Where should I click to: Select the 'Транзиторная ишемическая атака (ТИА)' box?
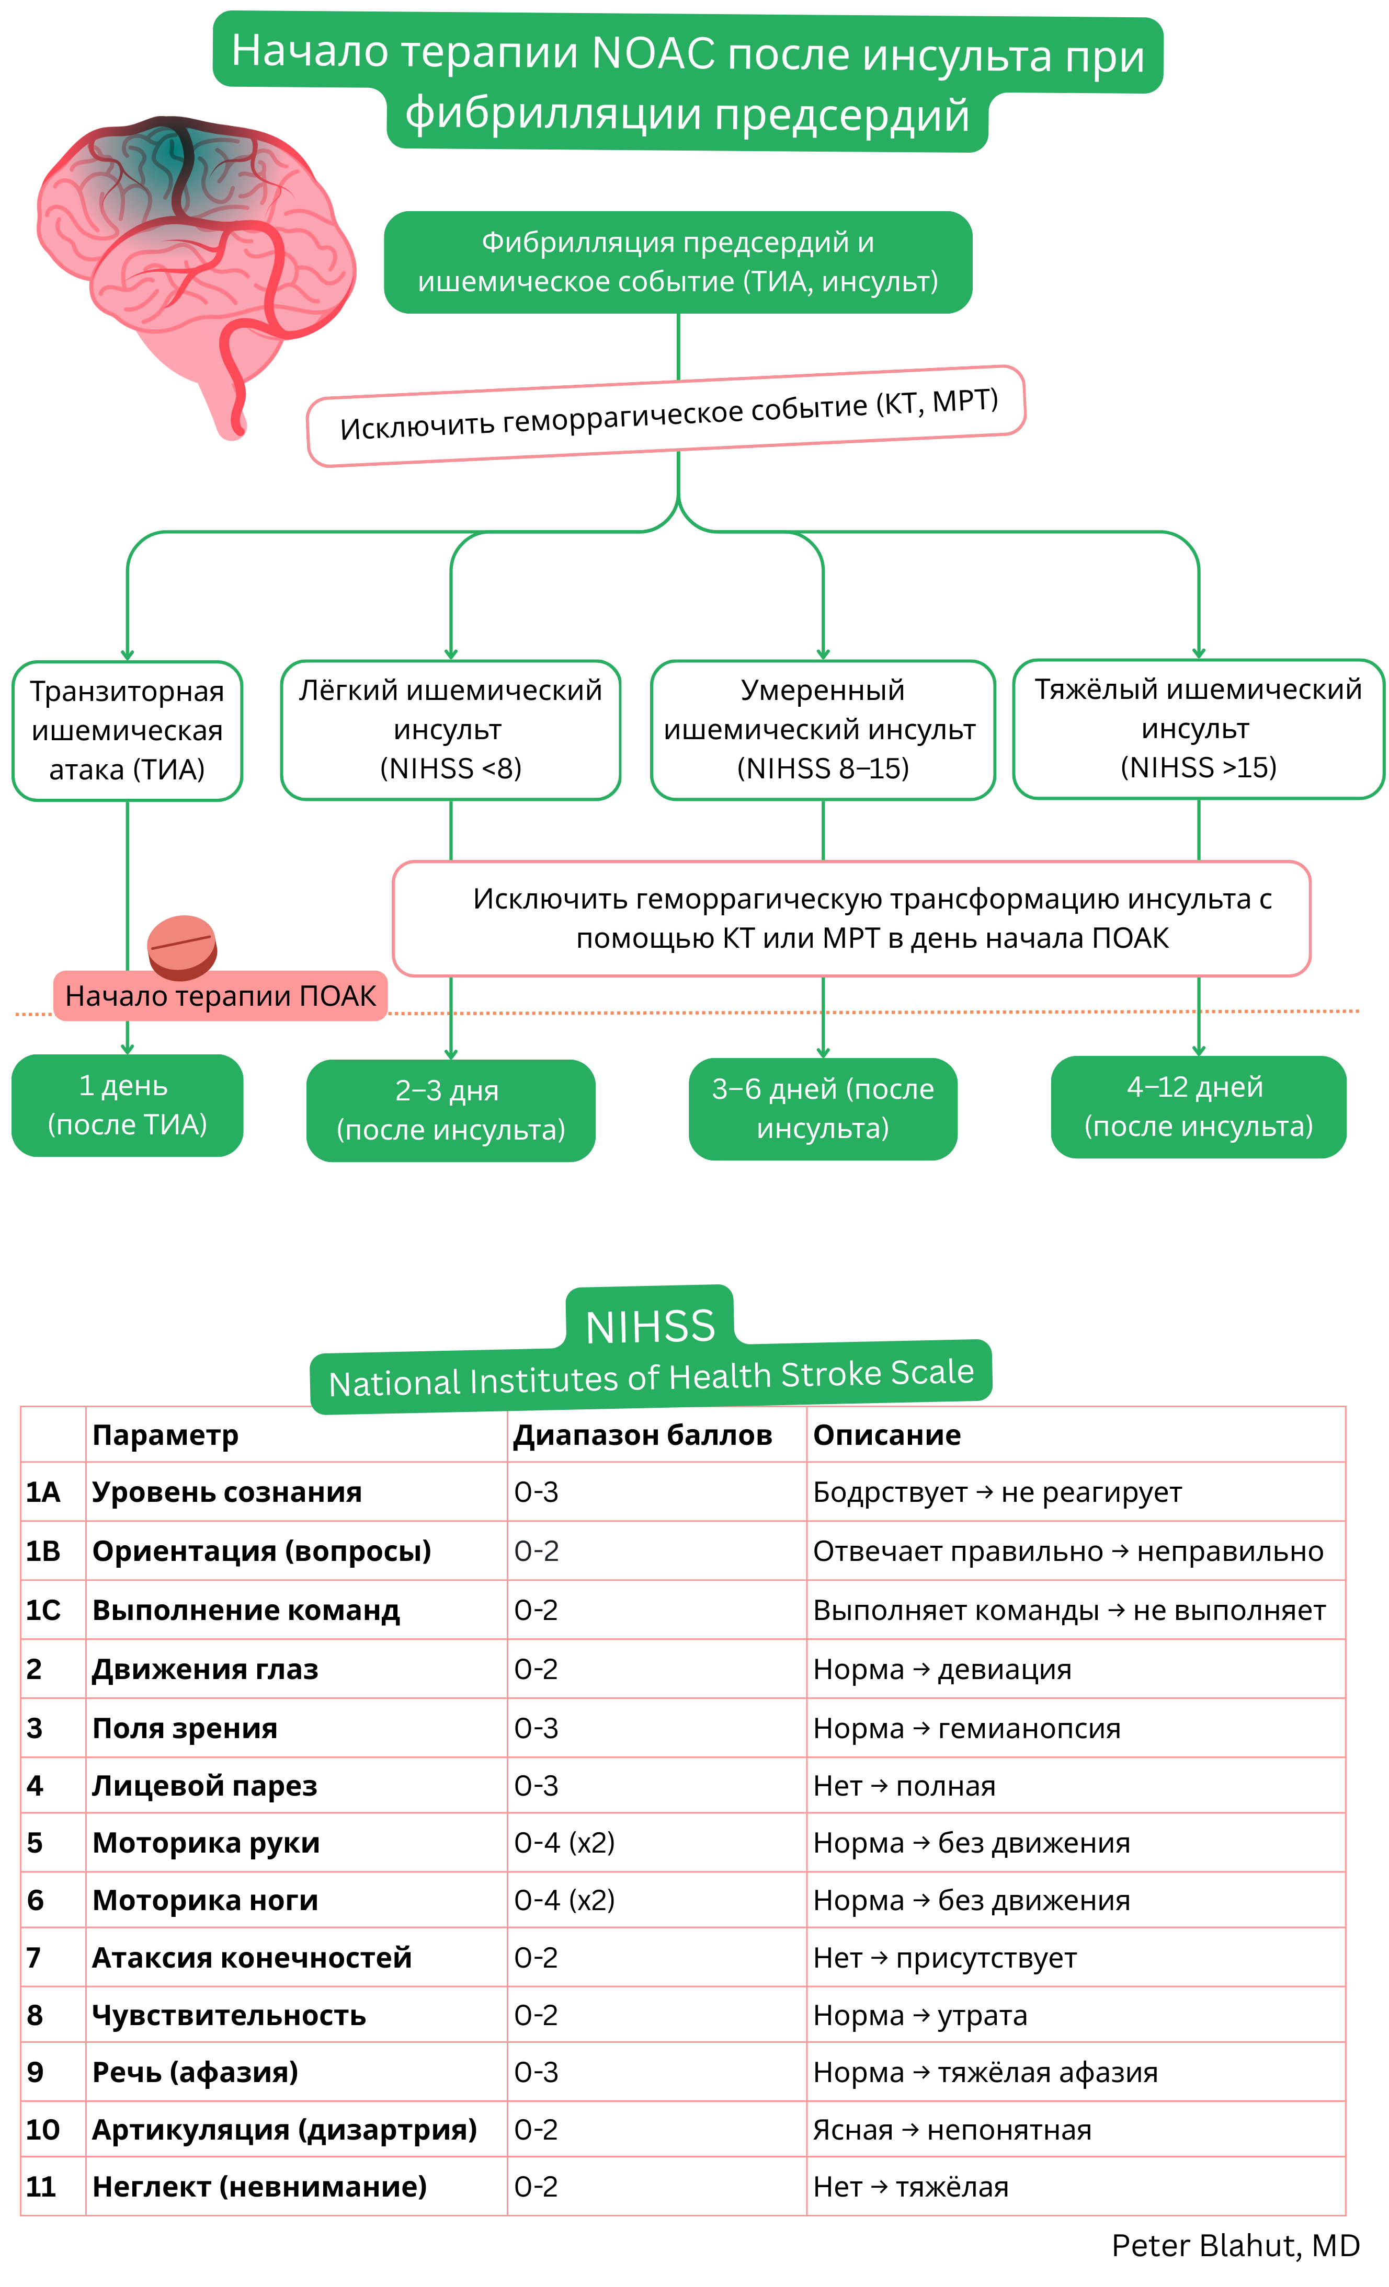click(127, 730)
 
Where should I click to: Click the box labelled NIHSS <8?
click(450, 730)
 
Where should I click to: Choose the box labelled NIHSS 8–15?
click(823, 730)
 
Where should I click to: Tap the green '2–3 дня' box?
click(450, 1110)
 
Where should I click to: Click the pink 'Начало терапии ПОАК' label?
click(220, 996)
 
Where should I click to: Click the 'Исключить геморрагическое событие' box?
click(667, 416)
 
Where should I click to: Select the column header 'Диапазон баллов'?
click(643, 1435)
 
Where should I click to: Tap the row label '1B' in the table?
click(43, 1551)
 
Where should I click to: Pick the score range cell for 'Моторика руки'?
click(564, 1843)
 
